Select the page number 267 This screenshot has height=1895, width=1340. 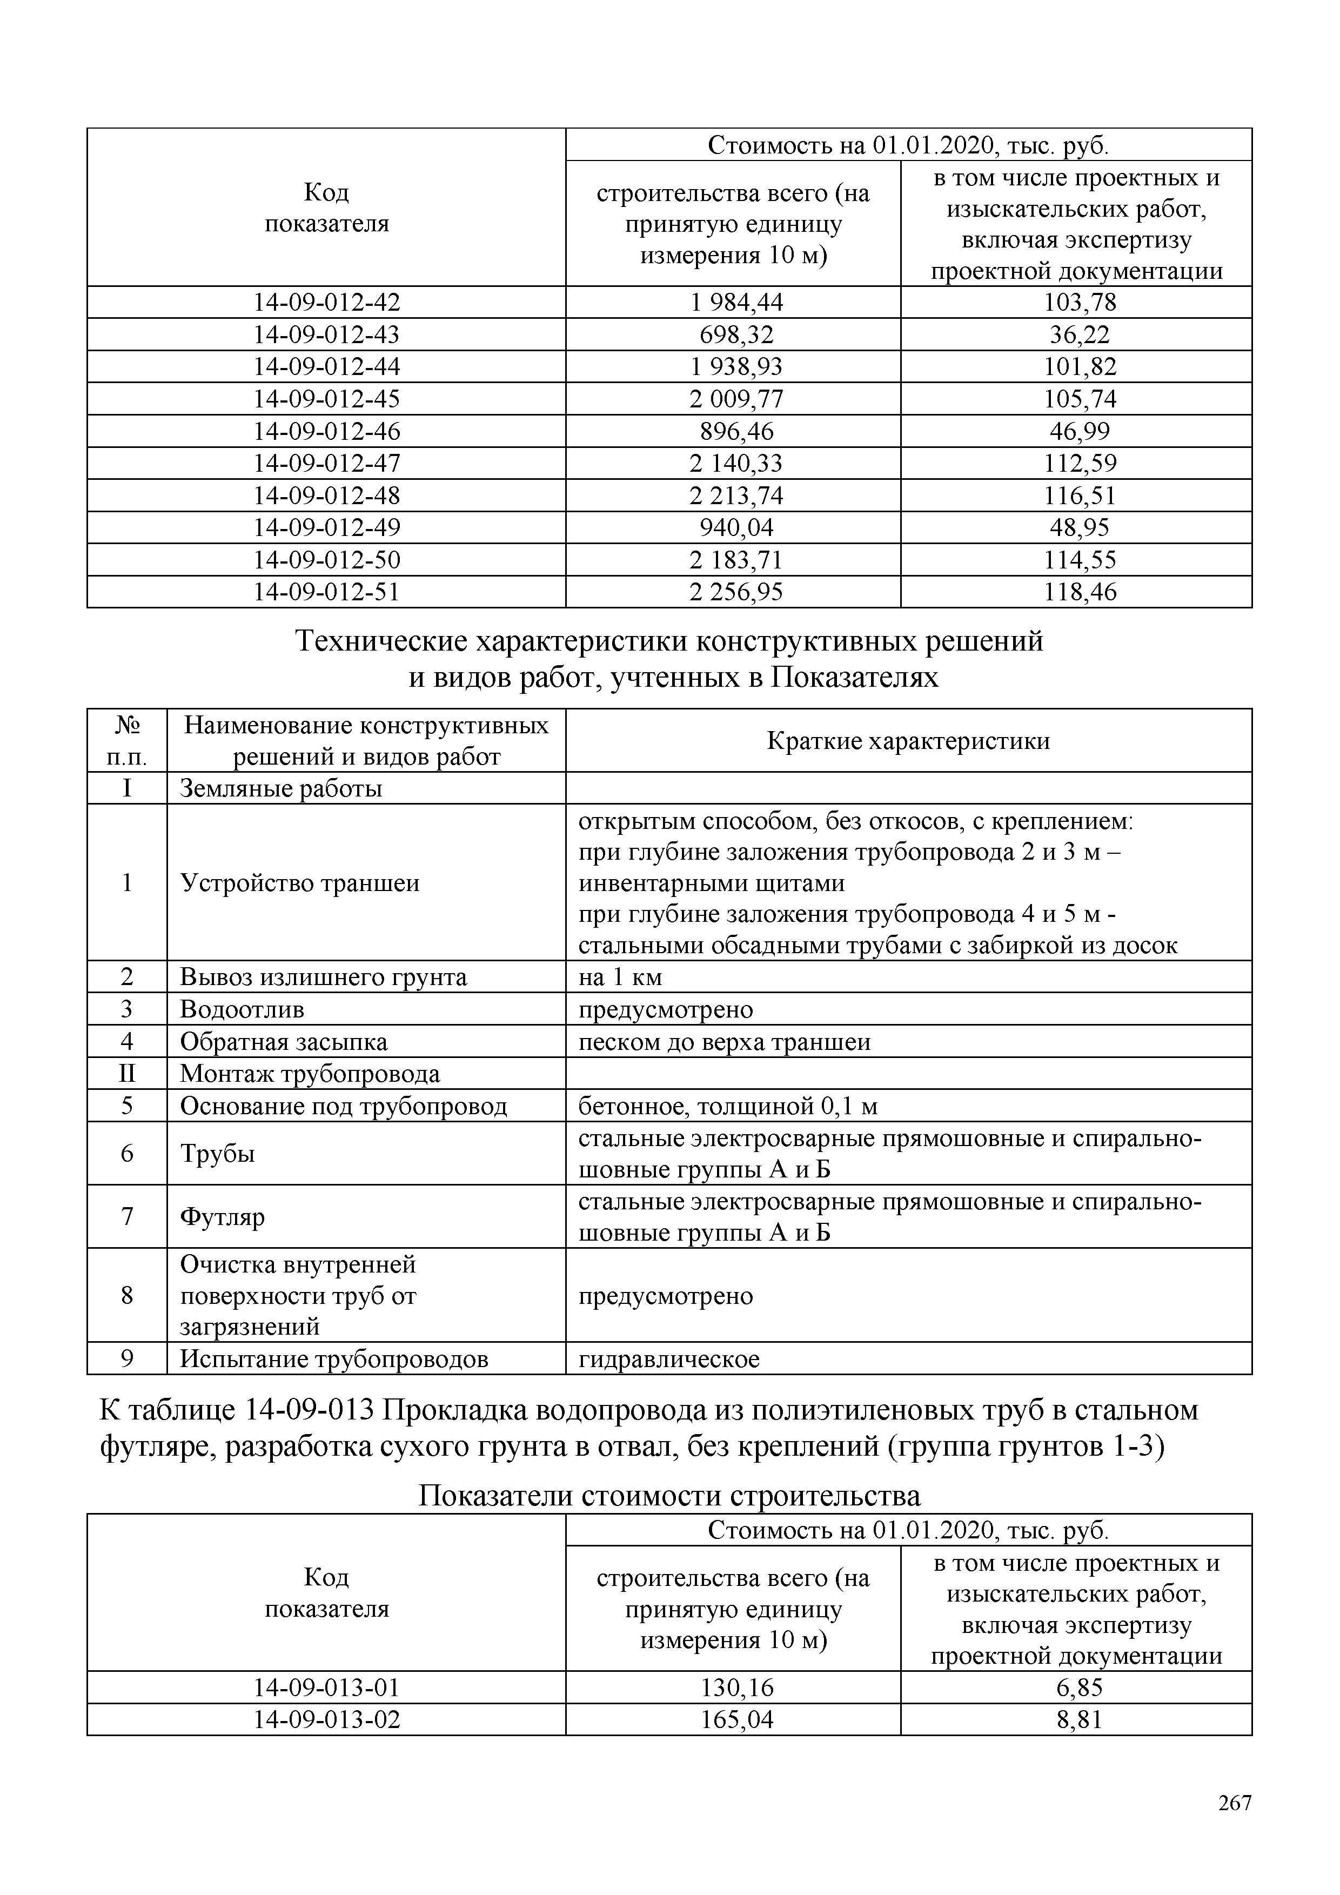[1235, 1826]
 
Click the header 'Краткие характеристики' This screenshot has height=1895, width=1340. [908, 741]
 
